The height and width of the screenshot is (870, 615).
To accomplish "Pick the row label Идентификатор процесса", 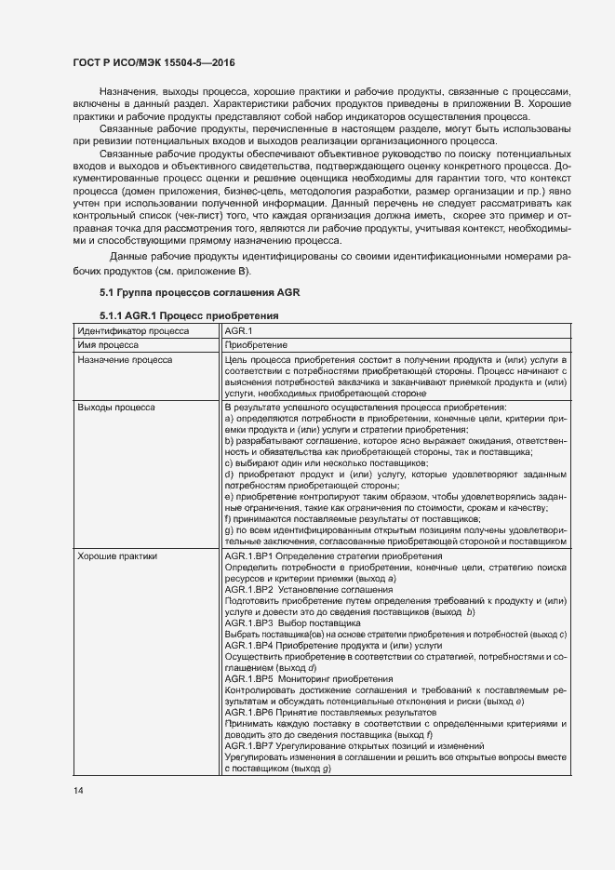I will point(133,330).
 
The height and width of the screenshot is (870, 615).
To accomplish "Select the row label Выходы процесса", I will point(116,408).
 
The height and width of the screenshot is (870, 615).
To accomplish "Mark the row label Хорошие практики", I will point(118,556).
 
